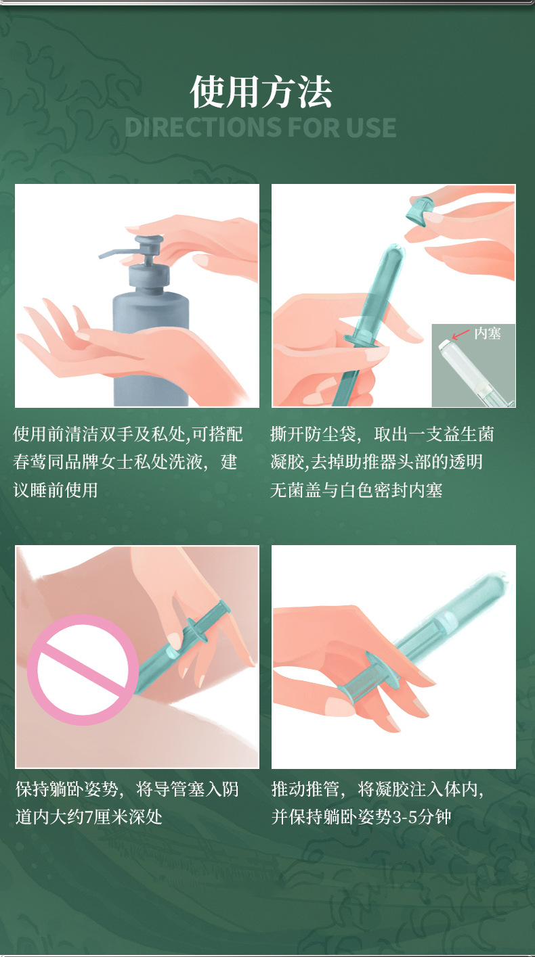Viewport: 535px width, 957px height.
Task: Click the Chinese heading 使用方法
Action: coord(261,91)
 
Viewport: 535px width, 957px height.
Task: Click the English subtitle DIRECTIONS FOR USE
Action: coord(261,127)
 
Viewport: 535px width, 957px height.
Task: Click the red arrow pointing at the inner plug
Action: coord(461,334)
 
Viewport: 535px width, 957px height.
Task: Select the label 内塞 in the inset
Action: coord(488,333)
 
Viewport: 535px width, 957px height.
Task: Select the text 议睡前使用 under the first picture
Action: coord(56,490)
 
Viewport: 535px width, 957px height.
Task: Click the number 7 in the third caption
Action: coord(89,816)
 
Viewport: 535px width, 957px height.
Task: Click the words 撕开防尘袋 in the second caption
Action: coord(313,434)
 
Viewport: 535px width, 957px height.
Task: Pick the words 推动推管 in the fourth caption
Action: coord(305,789)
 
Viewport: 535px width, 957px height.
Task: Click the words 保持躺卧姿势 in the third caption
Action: coord(67,789)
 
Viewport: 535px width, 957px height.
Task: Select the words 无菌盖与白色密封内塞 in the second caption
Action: coord(356,490)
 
